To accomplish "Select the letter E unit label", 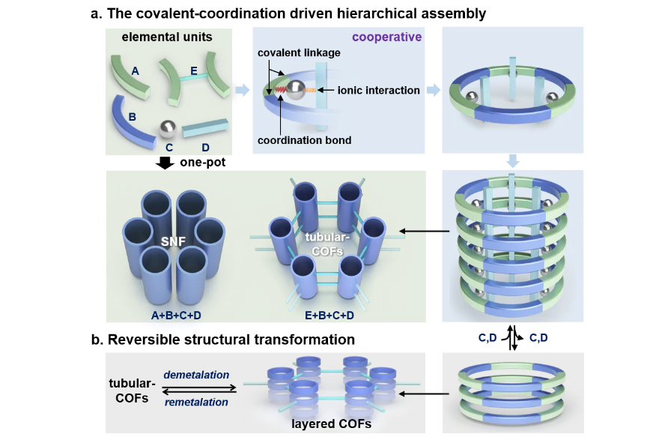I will pyautogui.click(x=194, y=72).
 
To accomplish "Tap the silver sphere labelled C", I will pyautogui.click(x=168, y=129).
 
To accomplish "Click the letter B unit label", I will pyautogui.click(x=132, y=117).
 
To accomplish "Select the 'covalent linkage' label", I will pyautogui.click(x=299, y=54).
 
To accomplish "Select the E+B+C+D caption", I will pyautogui.click(x=327, y=313).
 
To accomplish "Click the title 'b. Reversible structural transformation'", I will pyautogui.click(x=223, y=339).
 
